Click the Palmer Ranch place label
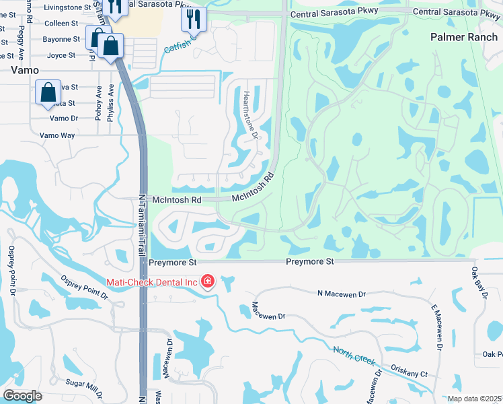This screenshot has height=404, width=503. pos(466,36)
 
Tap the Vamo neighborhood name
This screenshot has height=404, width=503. pos(24,70)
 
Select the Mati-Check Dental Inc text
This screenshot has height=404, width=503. pos(151,281)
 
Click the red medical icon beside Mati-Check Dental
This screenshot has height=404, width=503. pos(207,281)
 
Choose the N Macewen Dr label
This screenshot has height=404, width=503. pos(341,294)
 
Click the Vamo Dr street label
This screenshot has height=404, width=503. pos(65,119)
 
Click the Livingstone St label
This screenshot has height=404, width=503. pos(68,7)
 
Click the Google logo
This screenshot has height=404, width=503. pos(22,395)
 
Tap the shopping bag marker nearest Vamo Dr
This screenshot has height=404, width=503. pos(49,93)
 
